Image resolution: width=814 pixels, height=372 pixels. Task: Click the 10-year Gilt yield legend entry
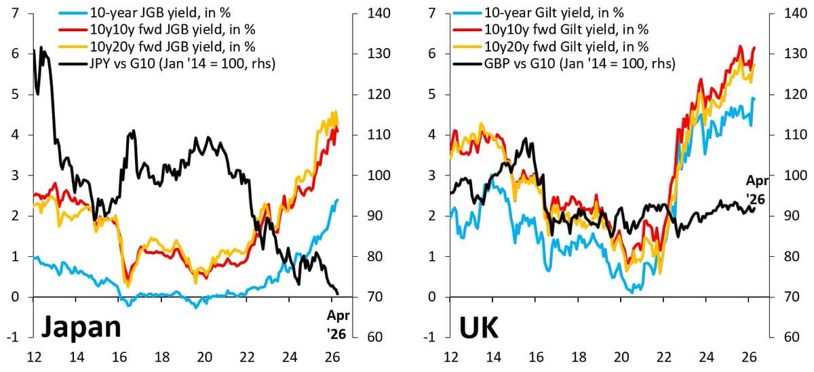coord(554,12)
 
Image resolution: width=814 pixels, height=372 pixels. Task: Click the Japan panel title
coord(81,327)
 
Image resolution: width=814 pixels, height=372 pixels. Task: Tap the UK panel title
coord(480,327)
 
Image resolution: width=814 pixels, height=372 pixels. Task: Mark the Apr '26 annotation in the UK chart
coord(758,189)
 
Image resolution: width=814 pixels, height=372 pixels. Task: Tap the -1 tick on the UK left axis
coord(430,337)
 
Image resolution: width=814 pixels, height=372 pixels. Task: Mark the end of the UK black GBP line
coord(754,208)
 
